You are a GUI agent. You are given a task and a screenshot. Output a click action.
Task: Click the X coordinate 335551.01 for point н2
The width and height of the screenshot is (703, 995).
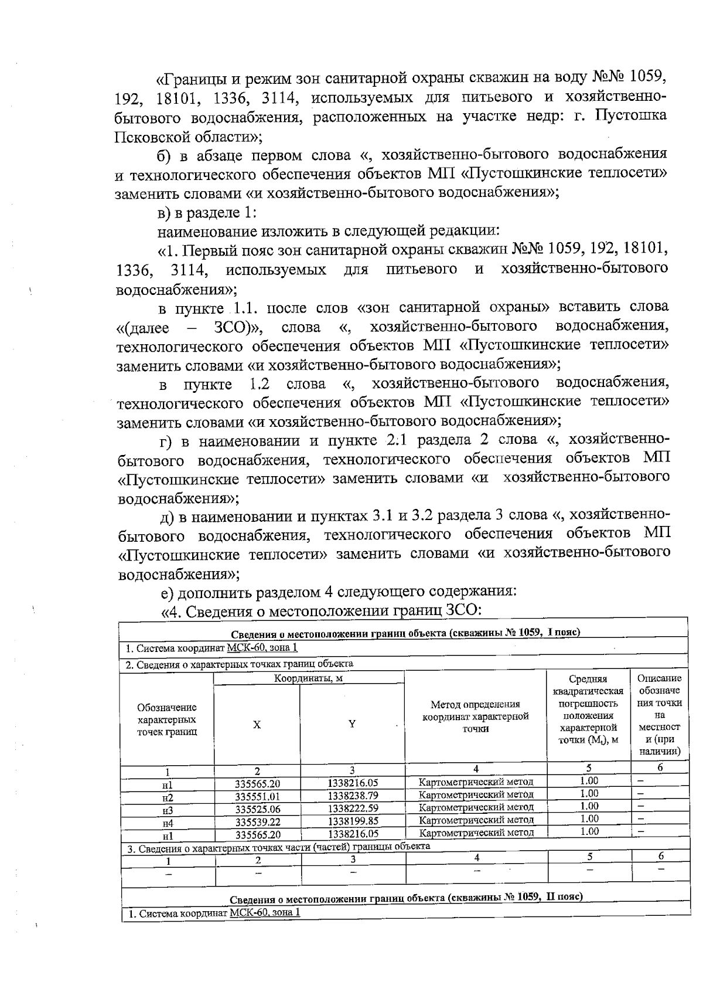tap(257, 797)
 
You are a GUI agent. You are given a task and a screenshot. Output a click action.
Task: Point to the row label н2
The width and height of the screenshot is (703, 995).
tap(168, 798)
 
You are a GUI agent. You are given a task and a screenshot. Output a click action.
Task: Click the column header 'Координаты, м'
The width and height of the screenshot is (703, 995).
tap(309, 678)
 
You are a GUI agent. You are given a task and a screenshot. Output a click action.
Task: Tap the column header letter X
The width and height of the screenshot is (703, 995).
tap(257, 725)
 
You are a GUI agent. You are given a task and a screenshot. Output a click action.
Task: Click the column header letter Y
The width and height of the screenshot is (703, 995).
tap(352, 724)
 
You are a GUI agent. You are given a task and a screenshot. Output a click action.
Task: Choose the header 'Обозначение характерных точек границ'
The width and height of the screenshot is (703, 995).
tap(167, 719)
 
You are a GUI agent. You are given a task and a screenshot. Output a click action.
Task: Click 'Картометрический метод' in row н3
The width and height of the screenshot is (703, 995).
tap(476, 807)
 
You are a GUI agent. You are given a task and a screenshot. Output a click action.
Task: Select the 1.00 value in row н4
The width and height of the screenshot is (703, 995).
tap(589, 819)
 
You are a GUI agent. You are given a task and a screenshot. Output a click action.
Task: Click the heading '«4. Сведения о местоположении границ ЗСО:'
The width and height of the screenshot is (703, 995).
tap(320, 610)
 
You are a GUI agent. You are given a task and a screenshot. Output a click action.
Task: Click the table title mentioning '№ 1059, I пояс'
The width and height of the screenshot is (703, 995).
tap(405, 633)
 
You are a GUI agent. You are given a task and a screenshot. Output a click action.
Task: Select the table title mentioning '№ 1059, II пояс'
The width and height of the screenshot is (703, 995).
tap(405, 898)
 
